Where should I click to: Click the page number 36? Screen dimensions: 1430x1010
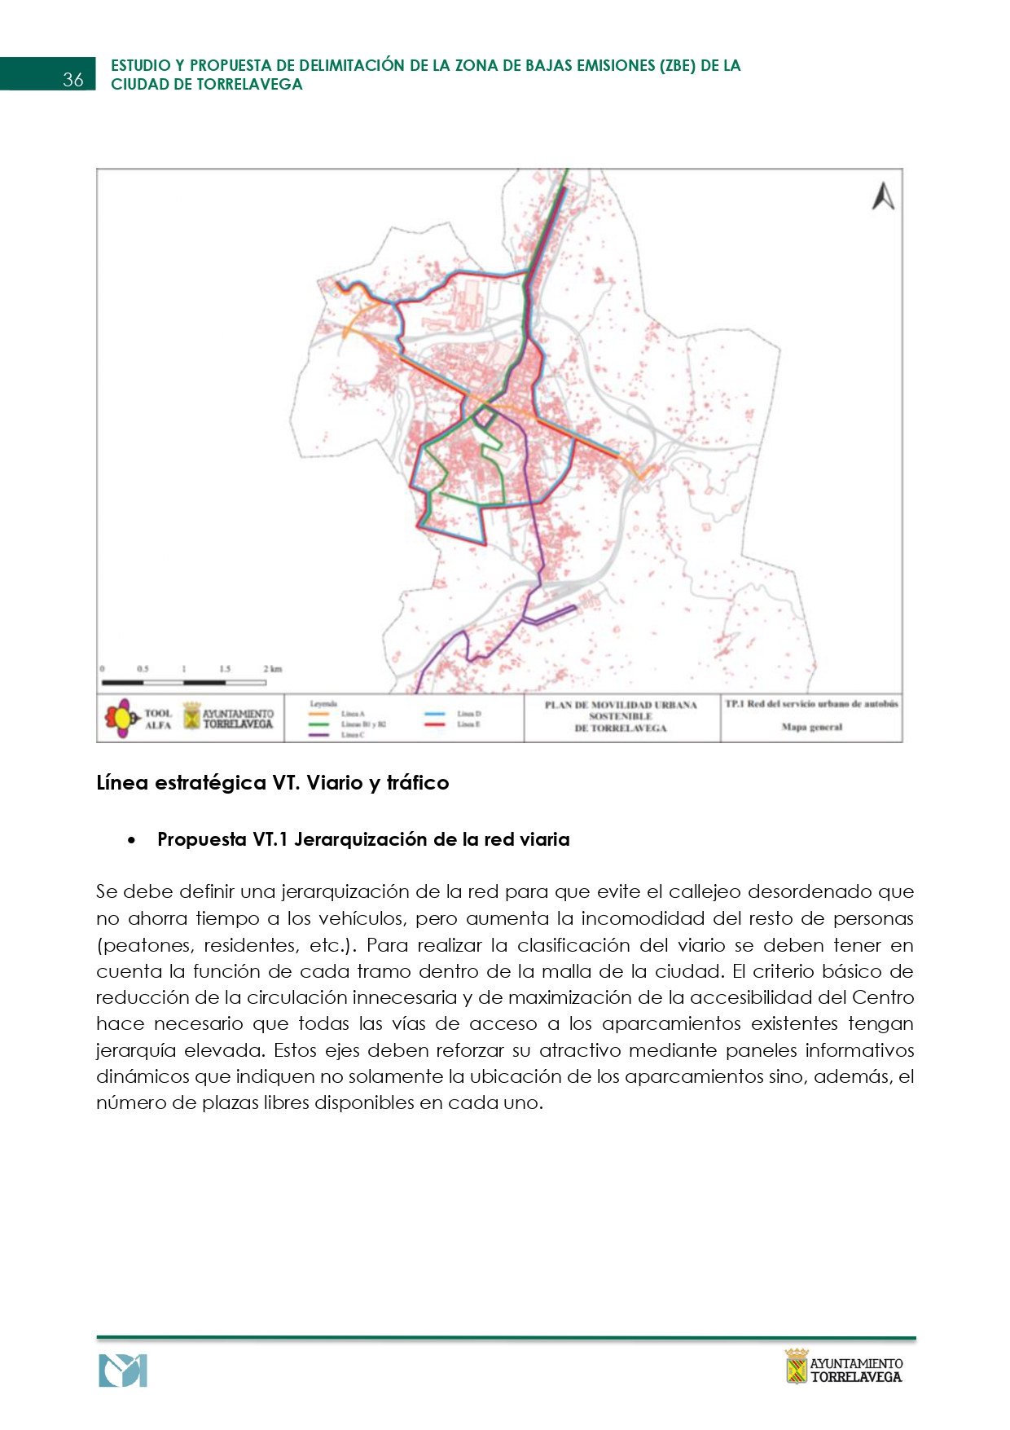(x=73, y=79)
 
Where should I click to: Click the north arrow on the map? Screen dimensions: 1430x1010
(x=883, y=196)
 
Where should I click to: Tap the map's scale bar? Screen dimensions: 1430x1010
(x=183, y=682)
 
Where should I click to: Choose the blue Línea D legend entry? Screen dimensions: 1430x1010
(x=468, y=714)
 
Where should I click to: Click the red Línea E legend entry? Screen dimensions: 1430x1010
(x=468, y=724)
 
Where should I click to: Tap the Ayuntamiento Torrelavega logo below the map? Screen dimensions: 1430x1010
(x=229, y=718)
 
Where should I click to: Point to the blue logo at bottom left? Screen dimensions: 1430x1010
(x=123, y=1371)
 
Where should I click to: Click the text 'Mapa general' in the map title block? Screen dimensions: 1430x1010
(x=811, y=727)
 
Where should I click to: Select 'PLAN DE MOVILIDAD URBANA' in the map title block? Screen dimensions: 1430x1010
(x=621, y=705)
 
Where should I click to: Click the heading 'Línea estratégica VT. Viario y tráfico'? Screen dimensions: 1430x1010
(x=273, y=782)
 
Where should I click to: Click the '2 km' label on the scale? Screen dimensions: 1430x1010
(x=272, y=669)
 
